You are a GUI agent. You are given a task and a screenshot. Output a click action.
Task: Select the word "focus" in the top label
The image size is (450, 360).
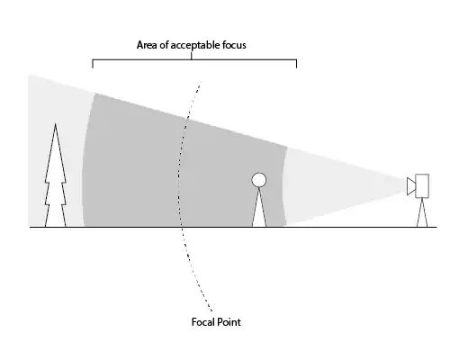[234, 45]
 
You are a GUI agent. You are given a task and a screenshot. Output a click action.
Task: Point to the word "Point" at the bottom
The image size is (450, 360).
[229, 322]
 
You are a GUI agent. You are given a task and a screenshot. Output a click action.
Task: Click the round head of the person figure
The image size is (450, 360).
[259, 180]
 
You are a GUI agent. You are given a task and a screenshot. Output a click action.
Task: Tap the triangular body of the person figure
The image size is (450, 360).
[259, 207]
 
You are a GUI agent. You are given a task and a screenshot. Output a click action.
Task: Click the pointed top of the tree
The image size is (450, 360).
[55, 123]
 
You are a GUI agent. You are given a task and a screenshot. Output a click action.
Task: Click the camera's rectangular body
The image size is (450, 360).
[422, 186]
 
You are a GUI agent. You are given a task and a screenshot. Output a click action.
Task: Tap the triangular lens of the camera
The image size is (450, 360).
[411, 186]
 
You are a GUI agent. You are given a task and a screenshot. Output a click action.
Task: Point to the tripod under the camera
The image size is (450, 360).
[422, 212]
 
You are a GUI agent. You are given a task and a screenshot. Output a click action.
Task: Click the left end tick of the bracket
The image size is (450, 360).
[93, 64]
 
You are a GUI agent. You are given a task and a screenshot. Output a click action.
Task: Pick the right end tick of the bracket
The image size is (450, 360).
[296, 64]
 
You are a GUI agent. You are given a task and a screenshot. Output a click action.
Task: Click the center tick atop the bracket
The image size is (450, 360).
[192, 56]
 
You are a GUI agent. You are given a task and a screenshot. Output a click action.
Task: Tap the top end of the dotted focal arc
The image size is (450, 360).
[201, 80]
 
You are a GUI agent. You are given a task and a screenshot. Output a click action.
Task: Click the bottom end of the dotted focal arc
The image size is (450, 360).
[212, 310]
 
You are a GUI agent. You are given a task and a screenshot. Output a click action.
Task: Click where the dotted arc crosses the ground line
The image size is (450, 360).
[181, 227]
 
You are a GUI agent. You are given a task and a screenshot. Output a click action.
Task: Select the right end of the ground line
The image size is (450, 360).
[436, 227]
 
